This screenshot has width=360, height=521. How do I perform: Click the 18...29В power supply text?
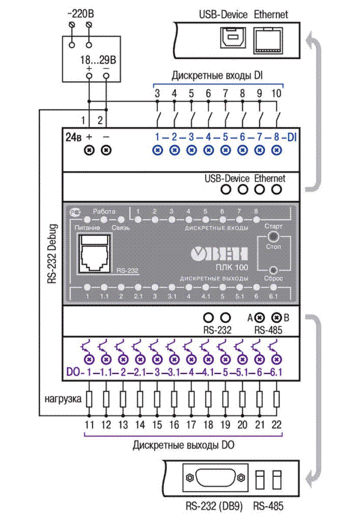[x=98, y=60]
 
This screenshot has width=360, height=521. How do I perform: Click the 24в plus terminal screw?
[x=89, y=151]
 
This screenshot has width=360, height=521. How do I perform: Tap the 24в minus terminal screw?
[x=106, y=151]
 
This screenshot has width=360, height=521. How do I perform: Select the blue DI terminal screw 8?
[x=276, y=151]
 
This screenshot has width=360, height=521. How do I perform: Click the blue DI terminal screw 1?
[x=157, y=151]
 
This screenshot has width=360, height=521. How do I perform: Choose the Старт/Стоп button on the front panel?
[x=274, y=237]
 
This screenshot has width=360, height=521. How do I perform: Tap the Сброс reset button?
[x=274, y=270]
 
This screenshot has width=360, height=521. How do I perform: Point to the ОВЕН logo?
[x=219, y=252]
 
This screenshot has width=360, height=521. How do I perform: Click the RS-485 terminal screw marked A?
[x=260, y=317]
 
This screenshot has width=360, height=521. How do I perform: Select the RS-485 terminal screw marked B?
[x=276, y=317]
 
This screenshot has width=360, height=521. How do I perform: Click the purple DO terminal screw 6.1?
[x=276, y=360]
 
